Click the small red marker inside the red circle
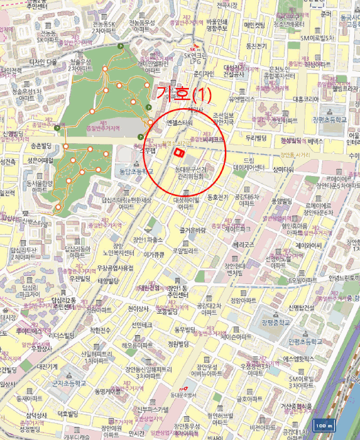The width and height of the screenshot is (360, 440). pyautogui.click(x=179, y=152)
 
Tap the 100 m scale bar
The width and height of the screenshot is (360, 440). pyautogui.click(x=325, y=426)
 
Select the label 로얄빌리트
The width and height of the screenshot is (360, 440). pyautogui.click(x=186, y=250)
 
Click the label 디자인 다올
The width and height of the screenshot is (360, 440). pyautogui.click(x=43, y=62)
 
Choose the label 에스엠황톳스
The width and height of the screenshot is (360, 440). pyautogui.click(x=298, y=359)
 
